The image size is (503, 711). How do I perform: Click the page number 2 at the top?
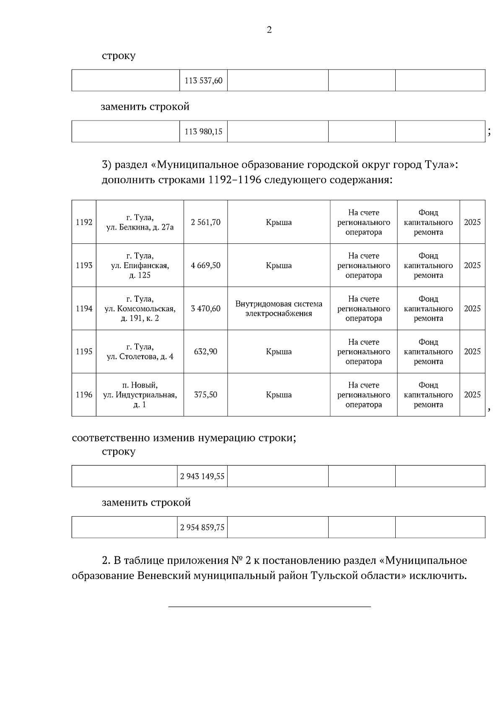[x=269, y=30]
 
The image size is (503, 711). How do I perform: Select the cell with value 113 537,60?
[x=203, y=80]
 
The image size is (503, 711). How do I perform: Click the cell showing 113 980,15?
[x=203, y=132]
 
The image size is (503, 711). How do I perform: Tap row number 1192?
[x=84, y=222]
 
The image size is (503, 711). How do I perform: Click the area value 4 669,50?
[x=205, y=266]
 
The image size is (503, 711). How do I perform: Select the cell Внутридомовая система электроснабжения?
[x=279, y=309]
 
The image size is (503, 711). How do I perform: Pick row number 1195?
[x=84, y=352]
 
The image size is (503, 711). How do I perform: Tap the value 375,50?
[x=205, y=395]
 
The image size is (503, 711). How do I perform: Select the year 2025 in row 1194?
[x=472, y=309]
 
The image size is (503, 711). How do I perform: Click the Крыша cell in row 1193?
[x=279, y=266]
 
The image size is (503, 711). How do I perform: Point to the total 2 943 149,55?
[x=202, y=476]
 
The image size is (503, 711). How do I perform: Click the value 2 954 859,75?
[x=202, y=527]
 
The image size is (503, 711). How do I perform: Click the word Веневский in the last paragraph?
[x=164, y=576]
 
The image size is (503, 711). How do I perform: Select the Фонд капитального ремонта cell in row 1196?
[x=428, y=395]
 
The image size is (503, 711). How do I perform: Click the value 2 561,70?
[x=205, y=222]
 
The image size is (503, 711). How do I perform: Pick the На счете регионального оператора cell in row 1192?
[x=363, y=222]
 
